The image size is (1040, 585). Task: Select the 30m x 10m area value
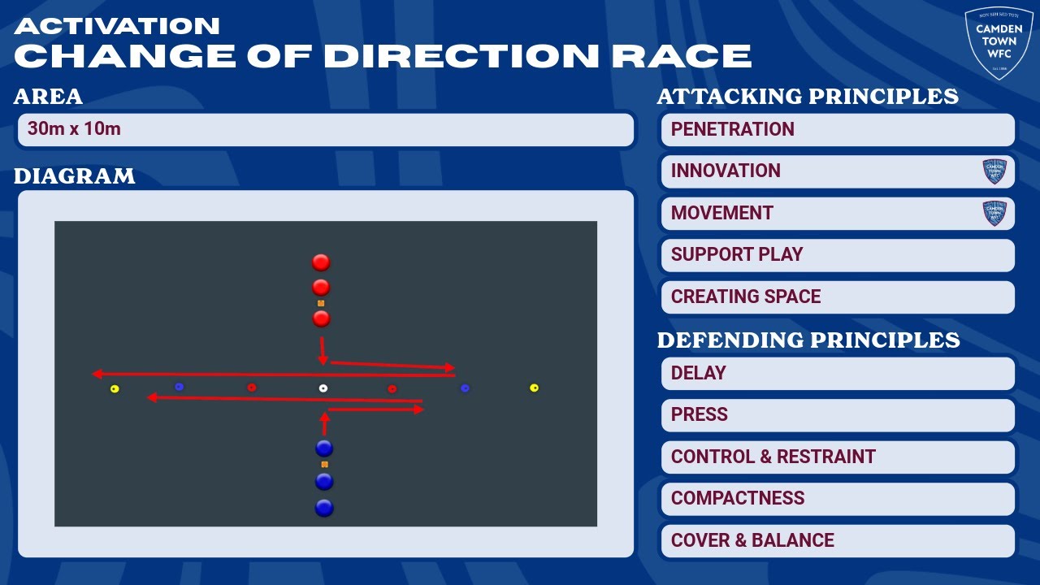point(74,129)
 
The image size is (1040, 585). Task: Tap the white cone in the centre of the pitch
point(323,388)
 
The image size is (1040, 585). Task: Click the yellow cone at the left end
point(115,389)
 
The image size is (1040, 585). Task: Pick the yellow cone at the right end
point(534,388)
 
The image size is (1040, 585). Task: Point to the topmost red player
point(321,262)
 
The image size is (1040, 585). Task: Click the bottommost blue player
point(324,508)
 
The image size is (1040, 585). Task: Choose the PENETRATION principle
point(732,129)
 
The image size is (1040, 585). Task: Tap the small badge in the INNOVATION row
point(994,171)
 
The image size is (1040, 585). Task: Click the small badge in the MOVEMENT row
point(994,213)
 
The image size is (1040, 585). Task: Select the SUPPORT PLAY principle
point(736,254)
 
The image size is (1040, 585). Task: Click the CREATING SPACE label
point(745,297)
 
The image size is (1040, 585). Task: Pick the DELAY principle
point(698,373)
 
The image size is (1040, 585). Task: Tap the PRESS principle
point(699,414)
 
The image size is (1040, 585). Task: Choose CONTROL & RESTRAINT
point(773,457)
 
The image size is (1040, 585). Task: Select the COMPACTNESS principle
point(737,498)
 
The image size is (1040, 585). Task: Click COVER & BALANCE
point(752,540)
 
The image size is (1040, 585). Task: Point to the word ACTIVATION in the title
point(117,25)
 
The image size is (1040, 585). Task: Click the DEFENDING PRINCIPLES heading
point(808,340)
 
